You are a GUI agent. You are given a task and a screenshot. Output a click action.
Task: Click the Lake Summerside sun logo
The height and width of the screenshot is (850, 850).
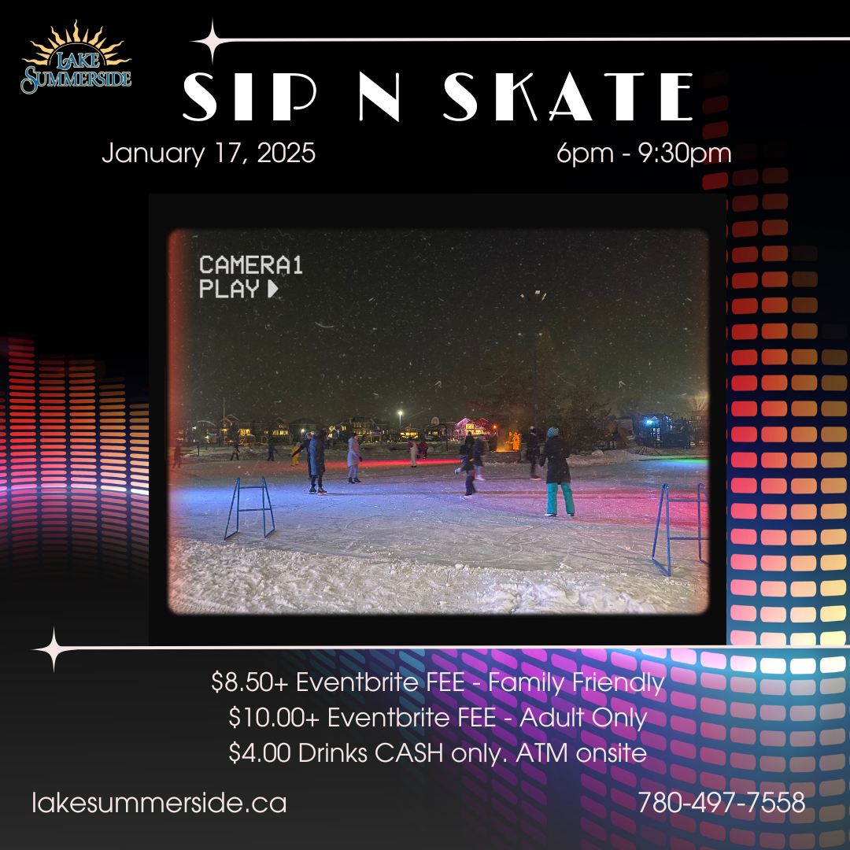point(76,57)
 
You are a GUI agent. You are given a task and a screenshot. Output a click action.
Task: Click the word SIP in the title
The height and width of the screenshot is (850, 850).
point(249,97)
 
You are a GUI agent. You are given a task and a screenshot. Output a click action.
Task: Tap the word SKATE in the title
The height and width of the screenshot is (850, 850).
point(568,97)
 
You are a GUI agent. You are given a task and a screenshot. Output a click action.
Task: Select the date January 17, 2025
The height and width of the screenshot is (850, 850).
point(209,153)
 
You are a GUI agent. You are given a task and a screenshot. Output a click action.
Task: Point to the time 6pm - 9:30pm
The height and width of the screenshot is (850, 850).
point(644,153)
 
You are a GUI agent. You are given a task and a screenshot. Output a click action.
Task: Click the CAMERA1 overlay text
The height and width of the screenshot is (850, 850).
point(250,265)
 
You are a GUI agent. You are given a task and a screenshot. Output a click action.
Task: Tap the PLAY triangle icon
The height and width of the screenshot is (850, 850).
point(272,289)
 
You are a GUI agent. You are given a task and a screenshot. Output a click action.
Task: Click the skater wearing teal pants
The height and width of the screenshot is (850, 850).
point(556,471)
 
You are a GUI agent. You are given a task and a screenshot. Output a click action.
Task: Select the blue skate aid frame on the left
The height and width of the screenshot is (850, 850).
point(249,508)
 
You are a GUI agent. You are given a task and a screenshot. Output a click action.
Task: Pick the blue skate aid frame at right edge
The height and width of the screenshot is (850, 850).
point(680,529)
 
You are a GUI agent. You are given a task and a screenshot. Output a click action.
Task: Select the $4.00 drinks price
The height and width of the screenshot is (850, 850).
point(260,752)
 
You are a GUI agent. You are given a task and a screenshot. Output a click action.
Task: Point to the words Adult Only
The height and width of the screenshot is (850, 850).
point(583,719)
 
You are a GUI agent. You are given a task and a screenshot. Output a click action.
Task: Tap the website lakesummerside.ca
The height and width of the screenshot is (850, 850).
point(159,803)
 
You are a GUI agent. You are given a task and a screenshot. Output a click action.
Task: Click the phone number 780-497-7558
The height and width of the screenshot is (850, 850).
point(722,802)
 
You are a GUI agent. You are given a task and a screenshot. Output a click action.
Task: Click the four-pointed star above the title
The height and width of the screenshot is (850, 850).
point(213,41)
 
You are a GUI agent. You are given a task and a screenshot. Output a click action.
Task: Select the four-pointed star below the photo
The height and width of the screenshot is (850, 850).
point(54,649)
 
